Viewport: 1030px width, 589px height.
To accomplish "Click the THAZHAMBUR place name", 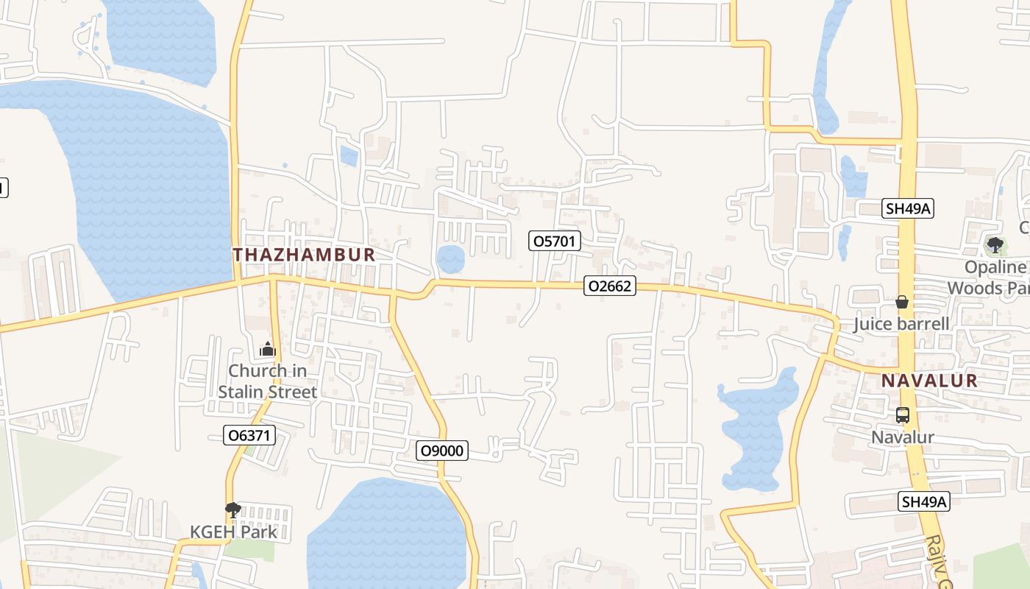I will point(304,255).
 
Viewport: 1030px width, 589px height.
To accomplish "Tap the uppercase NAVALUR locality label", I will point(929,381).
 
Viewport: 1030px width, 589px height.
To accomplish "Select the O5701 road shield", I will point(555,241).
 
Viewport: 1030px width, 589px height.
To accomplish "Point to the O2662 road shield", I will point(609,286).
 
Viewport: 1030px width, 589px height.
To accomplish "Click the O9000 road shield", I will point(442,450).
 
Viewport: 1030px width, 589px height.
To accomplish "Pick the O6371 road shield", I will point(249,435).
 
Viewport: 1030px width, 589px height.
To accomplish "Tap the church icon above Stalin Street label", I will point(267,349).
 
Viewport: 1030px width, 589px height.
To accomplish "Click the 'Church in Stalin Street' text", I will point(267,381).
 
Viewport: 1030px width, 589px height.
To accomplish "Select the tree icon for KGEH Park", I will point(233,509).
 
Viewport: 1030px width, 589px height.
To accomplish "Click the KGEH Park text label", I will point(233,532).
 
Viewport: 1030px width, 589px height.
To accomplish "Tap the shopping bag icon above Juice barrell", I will point(902,302).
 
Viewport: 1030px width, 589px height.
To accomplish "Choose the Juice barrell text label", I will point(901,324).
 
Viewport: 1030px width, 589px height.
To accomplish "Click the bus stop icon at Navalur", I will point(903,415).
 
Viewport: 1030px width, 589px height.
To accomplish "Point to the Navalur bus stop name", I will point(903,437).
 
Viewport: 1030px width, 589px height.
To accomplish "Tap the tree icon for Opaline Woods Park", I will point(995,244).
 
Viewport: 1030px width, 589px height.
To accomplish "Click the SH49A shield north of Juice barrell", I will point(908,208).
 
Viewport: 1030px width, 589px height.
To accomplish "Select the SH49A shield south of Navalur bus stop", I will point(925,502).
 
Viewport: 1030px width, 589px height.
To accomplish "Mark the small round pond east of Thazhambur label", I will point(450,259).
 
